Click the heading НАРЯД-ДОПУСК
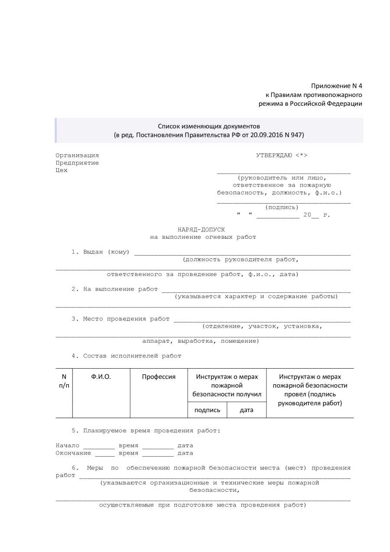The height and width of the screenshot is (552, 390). coord(201,229)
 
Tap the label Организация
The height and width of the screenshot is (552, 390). coord(77,155)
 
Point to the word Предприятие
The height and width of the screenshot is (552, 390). coord(77,162)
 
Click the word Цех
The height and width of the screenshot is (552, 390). coord(62,170)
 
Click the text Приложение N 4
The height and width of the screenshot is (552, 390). coord(336,85)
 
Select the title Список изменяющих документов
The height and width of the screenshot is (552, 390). coord(209,126)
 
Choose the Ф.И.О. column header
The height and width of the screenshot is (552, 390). coord(101,377)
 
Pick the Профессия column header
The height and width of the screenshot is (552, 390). coord(159,377)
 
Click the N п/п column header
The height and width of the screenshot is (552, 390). coord(64,381)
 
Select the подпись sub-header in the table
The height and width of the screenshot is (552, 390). coord(207,409)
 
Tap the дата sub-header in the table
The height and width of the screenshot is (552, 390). coord(247,409)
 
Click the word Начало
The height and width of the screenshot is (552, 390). coord(67,445)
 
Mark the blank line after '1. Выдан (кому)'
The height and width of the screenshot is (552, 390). coord(242,254)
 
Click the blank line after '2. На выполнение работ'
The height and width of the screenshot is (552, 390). coord(256,291)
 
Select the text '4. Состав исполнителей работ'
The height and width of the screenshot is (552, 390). coord(127,356)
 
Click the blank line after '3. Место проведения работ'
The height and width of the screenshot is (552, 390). coord(262,321)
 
